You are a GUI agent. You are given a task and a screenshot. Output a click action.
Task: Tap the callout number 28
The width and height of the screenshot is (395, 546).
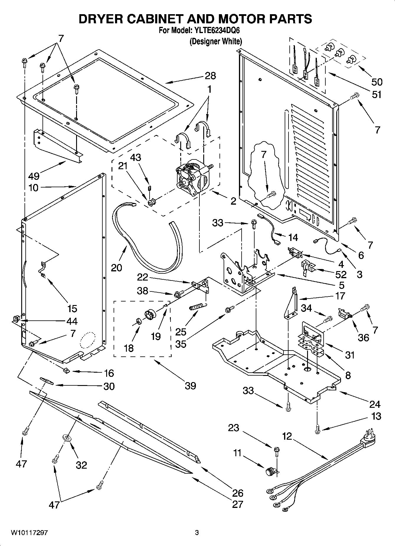point(210,76)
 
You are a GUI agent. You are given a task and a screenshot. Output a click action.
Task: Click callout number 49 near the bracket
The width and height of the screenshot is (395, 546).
point(34,176)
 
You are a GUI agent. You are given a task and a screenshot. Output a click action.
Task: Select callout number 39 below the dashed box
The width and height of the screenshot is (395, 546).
point(190,386)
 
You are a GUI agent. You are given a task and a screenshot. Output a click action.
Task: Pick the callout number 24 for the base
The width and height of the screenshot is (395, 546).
point(375,404)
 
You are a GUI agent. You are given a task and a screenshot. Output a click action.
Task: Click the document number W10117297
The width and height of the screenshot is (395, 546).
point(29,533)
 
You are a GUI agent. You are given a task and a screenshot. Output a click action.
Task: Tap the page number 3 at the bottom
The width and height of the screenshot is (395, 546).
point(197,533)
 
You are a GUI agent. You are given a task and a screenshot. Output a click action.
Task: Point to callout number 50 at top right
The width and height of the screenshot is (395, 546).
point(376,82)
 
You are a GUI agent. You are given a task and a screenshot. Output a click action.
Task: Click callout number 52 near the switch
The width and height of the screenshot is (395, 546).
point(340,274)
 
